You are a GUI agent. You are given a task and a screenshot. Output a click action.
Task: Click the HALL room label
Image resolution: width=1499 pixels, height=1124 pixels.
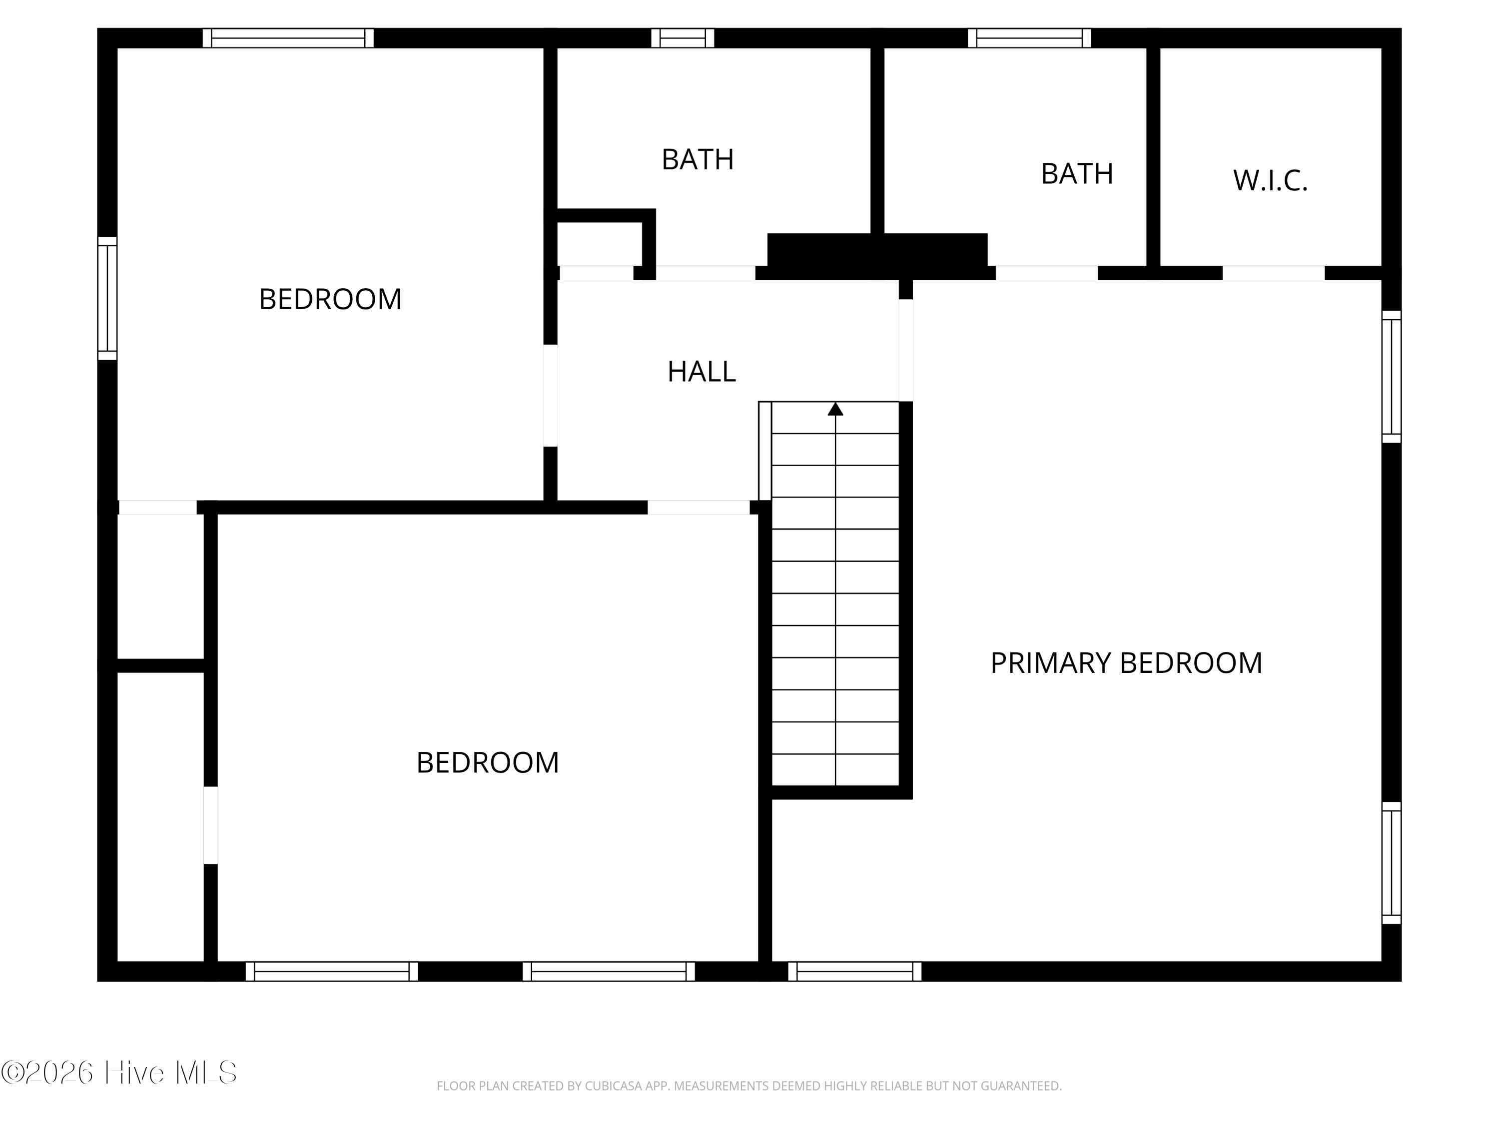(702, 371)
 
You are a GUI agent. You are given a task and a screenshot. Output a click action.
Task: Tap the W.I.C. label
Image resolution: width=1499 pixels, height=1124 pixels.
(1270, 181)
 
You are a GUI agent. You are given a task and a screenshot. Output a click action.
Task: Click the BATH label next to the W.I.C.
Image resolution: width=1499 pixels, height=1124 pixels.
(1077, 174)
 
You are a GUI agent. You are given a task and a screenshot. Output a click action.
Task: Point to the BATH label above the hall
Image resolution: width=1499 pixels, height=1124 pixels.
(698, 160)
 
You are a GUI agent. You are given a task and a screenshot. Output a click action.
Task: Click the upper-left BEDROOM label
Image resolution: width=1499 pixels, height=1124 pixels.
(330, 299)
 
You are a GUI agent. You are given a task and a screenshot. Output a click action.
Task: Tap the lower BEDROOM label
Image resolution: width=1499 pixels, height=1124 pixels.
(487, 763)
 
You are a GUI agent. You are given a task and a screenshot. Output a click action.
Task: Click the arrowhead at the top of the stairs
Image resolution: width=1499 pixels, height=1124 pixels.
(835, 409)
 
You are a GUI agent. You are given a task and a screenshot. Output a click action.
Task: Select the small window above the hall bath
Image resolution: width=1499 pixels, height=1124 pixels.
(683, 38)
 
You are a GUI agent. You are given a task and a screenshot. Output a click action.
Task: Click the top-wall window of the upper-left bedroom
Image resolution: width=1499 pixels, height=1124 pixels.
(288, 38)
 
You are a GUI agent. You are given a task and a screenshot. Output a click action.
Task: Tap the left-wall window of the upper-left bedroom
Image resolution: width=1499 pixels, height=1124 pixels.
(107, 298)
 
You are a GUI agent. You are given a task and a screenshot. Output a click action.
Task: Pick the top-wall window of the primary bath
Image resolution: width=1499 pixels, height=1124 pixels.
(1029, 38)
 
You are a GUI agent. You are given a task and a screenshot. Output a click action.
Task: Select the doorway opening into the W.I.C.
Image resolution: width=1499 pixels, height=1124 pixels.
(1273, 273)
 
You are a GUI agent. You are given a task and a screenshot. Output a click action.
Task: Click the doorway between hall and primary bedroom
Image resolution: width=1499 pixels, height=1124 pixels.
(905, 350)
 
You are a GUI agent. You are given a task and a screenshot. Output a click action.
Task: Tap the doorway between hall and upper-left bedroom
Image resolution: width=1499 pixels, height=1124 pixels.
(550, 396)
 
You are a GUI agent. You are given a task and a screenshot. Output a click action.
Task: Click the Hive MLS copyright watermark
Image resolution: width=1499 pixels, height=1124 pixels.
(119, 1073)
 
